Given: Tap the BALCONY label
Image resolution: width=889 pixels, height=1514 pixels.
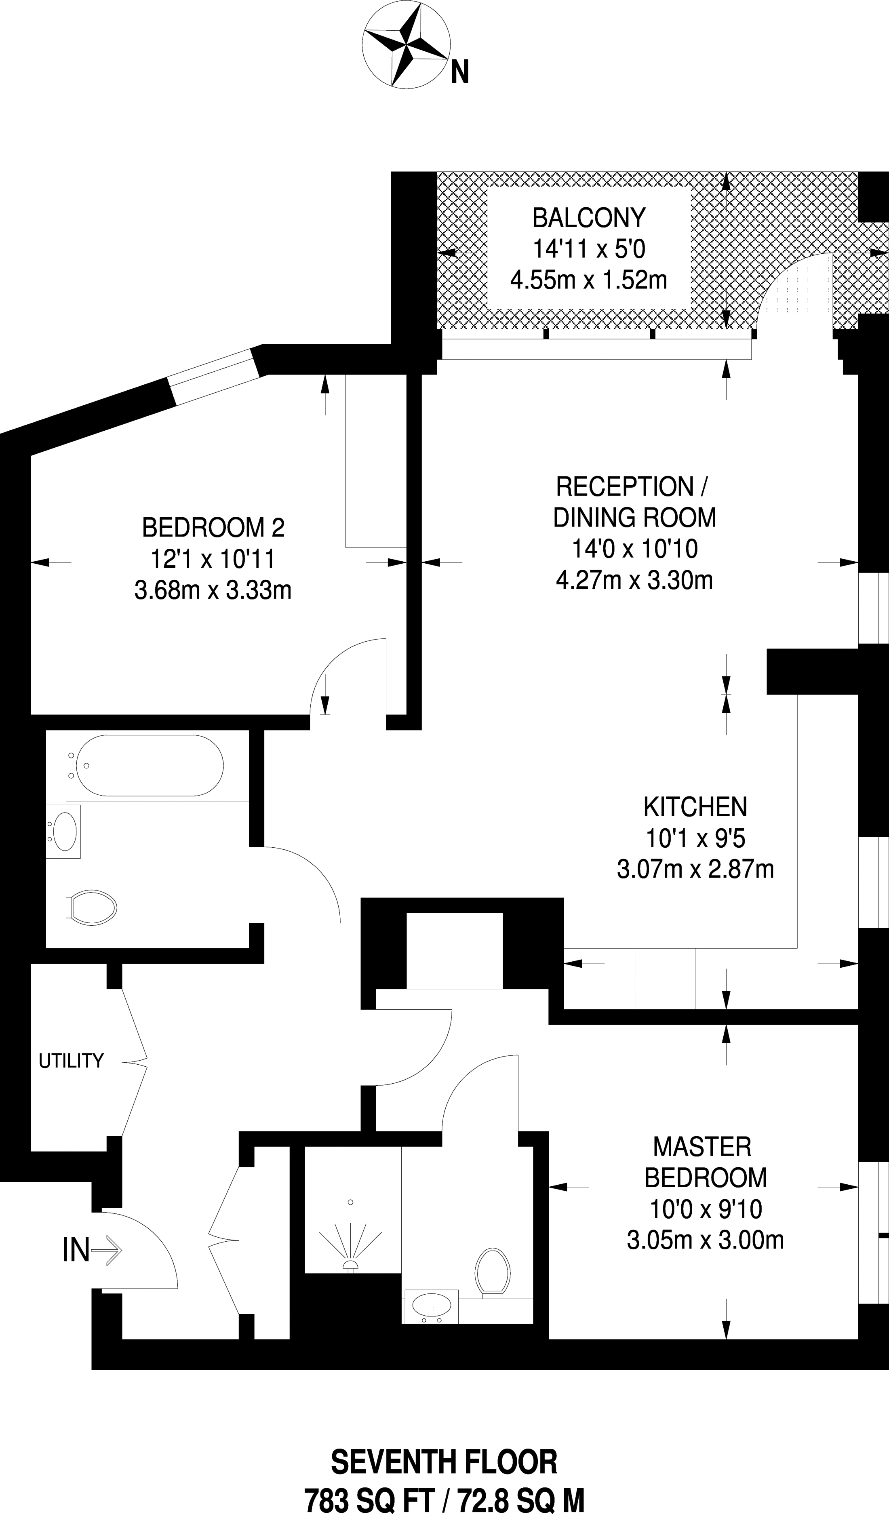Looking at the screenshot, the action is pos(589,217).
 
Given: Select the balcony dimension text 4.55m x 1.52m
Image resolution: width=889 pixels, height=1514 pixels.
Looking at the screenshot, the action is pos(589,280).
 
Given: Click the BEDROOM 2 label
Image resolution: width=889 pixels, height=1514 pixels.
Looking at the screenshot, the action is pos(213,528).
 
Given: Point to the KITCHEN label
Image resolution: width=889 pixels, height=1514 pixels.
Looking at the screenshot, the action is pos(695,806).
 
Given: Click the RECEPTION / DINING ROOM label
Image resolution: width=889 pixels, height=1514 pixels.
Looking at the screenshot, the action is pos(634,502).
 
